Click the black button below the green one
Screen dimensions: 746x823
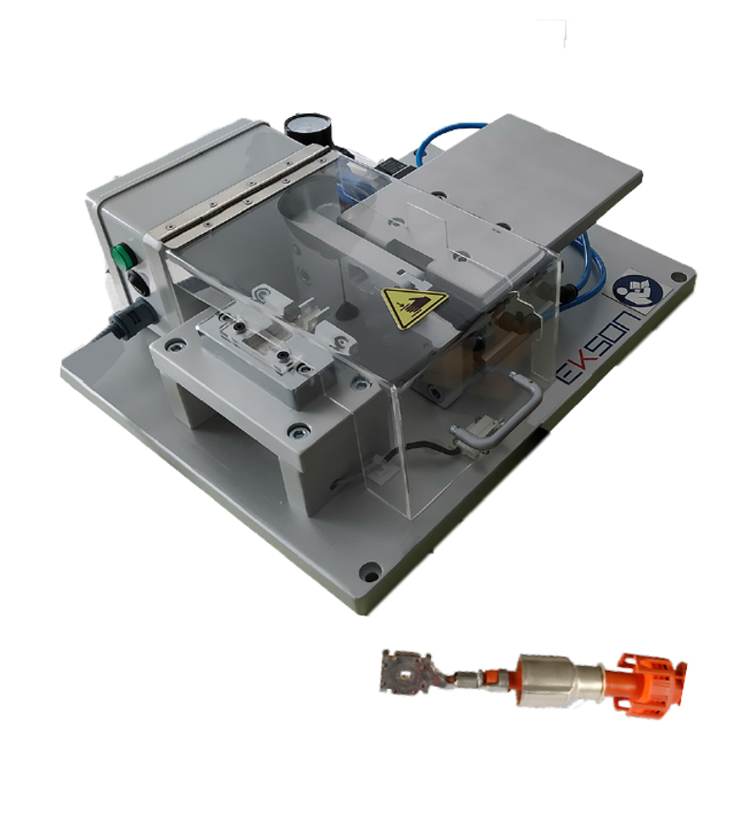pyautogui.click(x=137, y=282)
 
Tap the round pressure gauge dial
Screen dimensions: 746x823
pyautogui.click(x=304, y=127)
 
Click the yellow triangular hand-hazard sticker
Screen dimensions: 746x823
pyautogui.click(x=413, y=306)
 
